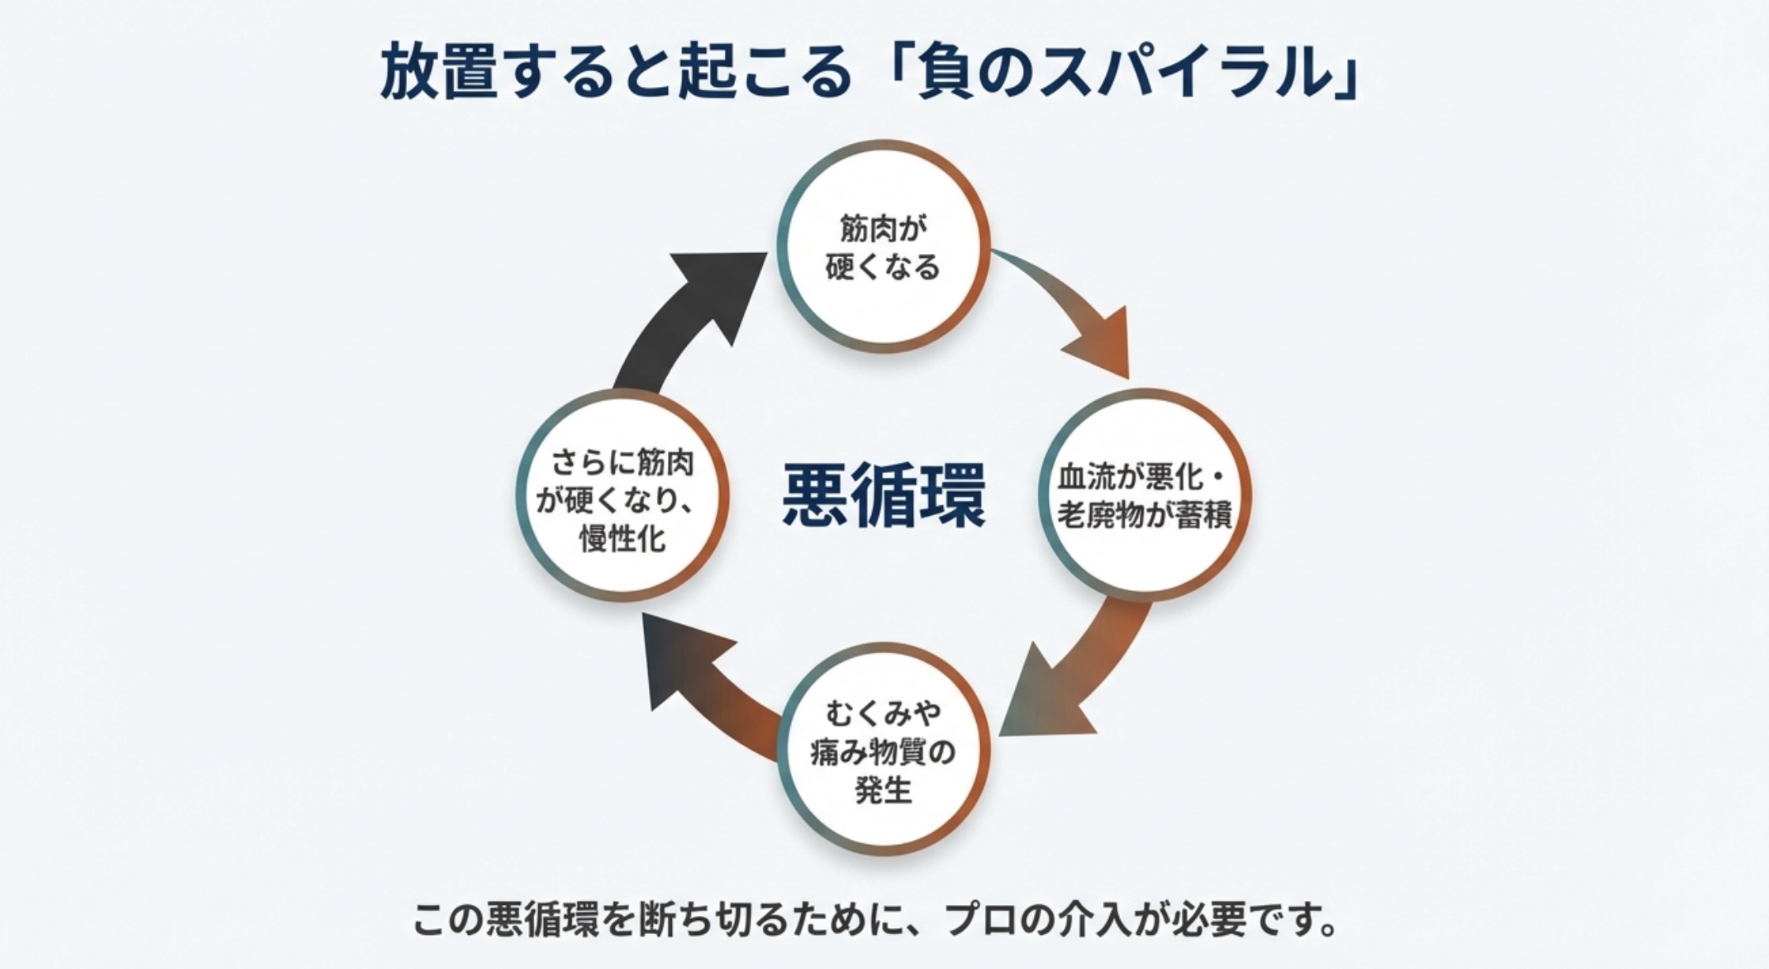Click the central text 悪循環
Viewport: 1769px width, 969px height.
click(x=884, y=495)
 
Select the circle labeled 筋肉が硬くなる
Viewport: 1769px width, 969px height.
click(x=884, y=247)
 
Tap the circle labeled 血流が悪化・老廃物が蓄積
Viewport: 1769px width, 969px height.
click(x=1144, y=495)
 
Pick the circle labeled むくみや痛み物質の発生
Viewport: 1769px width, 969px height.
click(x=884, y=749)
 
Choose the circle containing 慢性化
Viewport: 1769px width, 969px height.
click(x=623, y=497)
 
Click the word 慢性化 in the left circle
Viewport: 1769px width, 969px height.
click(x=623, y=539)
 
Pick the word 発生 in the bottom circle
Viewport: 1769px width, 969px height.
click(x=884, y=789)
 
